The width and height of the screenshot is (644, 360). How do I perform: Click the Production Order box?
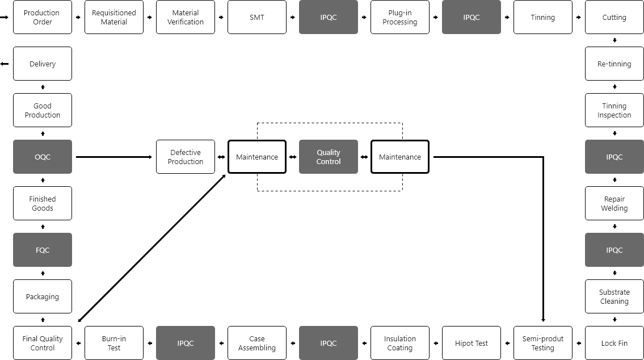[x=43, y=17]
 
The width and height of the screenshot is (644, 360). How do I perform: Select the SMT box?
[x=256, y=17]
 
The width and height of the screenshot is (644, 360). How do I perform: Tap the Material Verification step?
[x=185, y=17]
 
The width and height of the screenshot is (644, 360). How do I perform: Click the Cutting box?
[x=614, y=17]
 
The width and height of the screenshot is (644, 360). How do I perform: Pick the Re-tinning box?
[x=614, y=64]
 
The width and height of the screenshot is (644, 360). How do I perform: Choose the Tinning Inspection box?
[x=614, y=110]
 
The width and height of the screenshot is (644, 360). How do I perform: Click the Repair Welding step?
[x=614, y=203]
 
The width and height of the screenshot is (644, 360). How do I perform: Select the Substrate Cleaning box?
[x=614, y=296]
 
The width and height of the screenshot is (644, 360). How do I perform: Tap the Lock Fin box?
[x=614, y=343]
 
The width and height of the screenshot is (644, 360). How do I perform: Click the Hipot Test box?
[x=471, y=343]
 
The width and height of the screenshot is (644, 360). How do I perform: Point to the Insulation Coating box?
[x=399, y=343]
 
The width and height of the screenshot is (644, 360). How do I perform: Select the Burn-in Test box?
[x=114, y=343]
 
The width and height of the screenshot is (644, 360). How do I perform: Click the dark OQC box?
[x=43, y=157]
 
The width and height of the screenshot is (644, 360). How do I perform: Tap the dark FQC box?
[x=43, y=250]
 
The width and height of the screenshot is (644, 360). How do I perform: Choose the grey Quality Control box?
[x=328, y=157]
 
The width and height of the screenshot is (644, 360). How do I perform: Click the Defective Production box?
[x=185, y=157]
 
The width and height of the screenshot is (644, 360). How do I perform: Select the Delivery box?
[x=43, y=64]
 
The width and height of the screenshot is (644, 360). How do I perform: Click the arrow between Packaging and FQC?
[x=43, y=273]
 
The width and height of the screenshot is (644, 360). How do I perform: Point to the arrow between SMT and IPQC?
[x=292, y=17]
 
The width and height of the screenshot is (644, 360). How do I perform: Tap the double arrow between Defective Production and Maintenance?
[x=221, y=157]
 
